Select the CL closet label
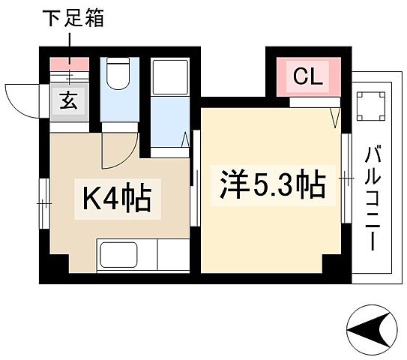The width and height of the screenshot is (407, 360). click(x=307, y=76)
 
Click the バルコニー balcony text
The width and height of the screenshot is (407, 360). click(x=372, y=198)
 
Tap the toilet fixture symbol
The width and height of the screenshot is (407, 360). click(x=117, y=74)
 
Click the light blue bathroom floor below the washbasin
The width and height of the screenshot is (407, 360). click(x=168, y=120)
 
